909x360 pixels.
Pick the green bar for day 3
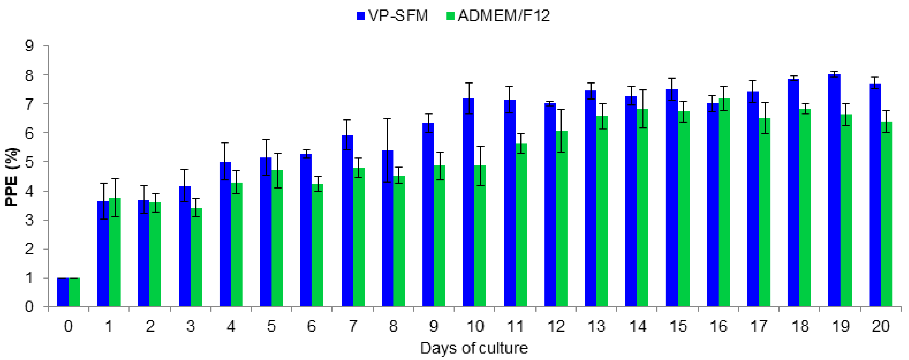click(196, 258)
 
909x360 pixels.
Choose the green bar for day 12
click(562, 219)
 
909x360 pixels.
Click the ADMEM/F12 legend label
click(504, 16)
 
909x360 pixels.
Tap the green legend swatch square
click(450, 16)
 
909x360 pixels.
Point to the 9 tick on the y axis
click(29, 46)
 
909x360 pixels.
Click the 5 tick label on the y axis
click(29, 162)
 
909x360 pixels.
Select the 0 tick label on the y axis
click(29, 307)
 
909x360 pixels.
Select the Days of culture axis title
click(474, 348)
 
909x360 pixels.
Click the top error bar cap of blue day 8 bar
click(387, 119)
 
